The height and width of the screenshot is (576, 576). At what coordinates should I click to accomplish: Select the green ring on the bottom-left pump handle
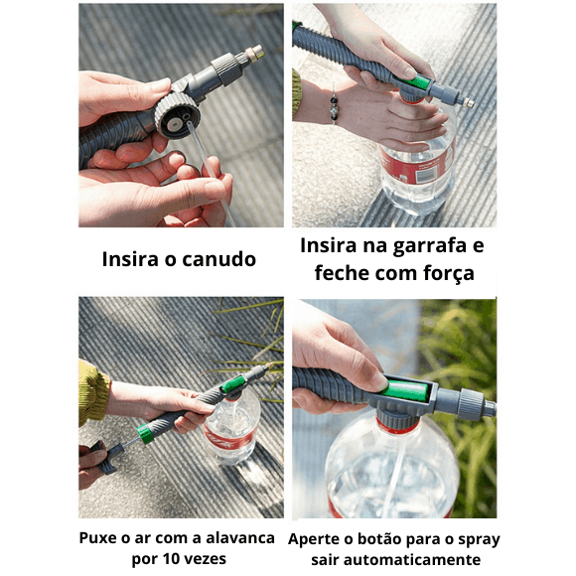145,433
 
